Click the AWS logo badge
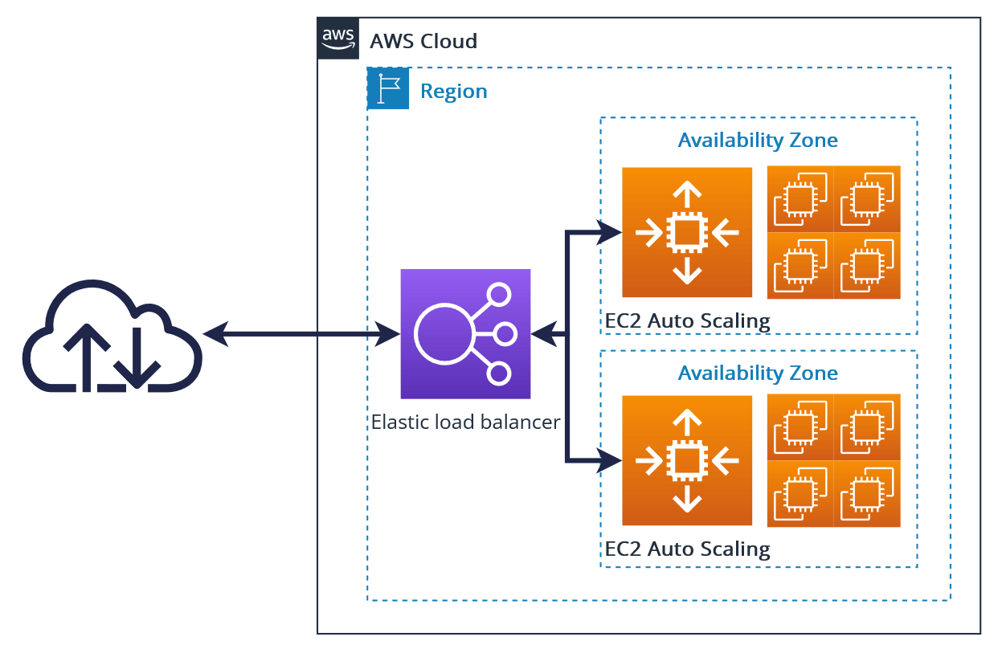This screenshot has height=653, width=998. (x=338, y=39)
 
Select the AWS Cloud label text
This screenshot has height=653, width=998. (x=423, y=41)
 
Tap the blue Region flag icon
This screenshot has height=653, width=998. (x=388, y=89)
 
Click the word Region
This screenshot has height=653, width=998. (x=454, y=92)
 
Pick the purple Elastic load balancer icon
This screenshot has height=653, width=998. (x=465, y=333)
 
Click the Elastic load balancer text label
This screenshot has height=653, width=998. (x=465, y=422)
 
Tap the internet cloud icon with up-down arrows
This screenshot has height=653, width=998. (x=112, y=337)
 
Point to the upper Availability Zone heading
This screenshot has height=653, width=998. (x=758, y=141)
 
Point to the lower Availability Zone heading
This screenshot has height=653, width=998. (x=758, y=373)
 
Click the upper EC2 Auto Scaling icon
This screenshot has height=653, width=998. (x=686, y=233)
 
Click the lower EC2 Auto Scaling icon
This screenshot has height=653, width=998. (x=686, y=460)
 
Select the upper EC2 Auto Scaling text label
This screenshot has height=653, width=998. (x=687, y=321)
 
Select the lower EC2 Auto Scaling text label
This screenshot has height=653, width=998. (x=687, y=549)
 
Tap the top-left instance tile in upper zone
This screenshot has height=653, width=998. (x=800, y=199)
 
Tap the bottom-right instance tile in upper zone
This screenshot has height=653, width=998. (x=867, y=266)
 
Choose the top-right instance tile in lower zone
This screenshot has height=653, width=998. (x=867, y=427)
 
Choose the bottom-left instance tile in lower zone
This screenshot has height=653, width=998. (x=800, y=494)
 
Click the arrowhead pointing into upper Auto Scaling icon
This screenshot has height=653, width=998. (x=611, y=233)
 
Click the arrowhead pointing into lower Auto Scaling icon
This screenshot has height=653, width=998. (x=611, y=460)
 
